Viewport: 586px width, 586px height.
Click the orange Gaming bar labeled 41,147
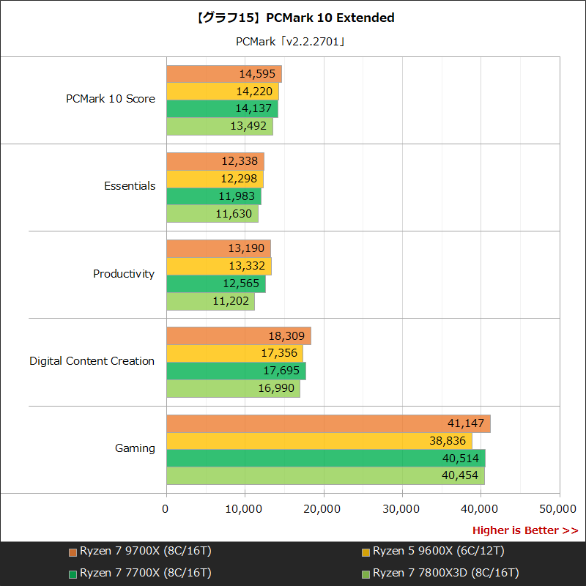(x=328, y=423)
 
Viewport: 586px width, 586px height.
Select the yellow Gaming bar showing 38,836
(x=319, y=441)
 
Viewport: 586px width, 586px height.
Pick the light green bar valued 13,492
(x=220, y=126)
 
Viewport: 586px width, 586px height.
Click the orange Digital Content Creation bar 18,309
(x=239, y=336)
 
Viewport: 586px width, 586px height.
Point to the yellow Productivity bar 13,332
(x=219, y=266)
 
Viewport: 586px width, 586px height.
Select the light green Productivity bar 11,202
(x=210, y=300)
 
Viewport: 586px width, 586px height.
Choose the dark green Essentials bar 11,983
(x=214, y=196)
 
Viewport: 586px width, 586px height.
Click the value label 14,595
(x=257, y=74)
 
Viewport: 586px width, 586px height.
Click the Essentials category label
(x=130, y=186)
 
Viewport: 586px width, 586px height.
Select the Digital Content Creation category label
(x=92, y=361)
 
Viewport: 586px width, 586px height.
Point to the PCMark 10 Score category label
(x=111, y=99)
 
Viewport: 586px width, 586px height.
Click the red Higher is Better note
(x=524, y=530)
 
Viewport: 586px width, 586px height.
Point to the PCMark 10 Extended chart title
(x=293, y=18)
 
